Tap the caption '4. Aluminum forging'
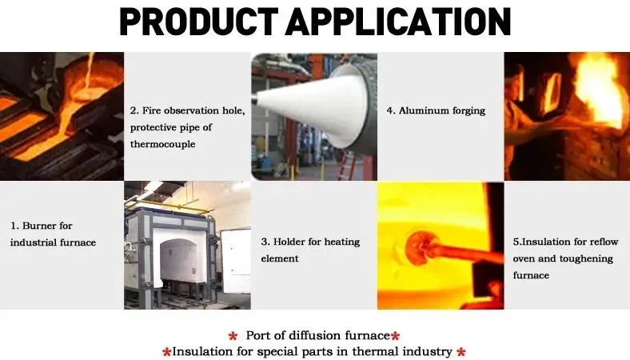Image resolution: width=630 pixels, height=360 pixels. (436, 110)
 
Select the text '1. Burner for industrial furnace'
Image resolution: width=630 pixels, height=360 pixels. (54, 234)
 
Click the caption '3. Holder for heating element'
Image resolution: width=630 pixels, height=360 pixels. (310, 250)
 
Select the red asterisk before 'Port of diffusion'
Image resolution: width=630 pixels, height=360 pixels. (233, 336)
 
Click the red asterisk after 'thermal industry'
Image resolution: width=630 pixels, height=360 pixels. (461, 352)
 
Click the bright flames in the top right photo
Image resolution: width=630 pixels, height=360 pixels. (596, 96)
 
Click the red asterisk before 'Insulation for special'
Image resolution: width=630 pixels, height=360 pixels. (166, 353)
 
